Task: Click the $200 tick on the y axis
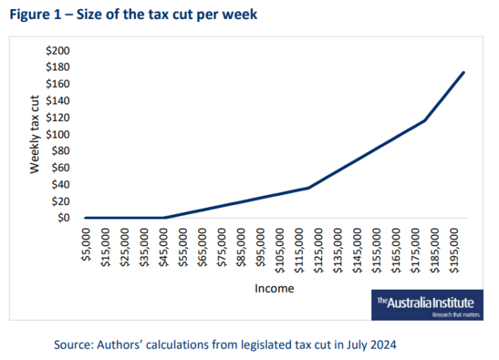click(x=58, y=51)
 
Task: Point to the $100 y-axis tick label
click(x=58, y=135)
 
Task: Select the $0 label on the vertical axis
click(x=63, y=218)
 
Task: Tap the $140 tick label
click(x=58, y=101)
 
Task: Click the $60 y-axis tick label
click(x=60, y=168)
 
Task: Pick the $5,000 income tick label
click(x=85, y=247)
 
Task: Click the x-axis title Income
click(x=274, y=288)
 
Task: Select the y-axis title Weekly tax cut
click(x=35, y=134)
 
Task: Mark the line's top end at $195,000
click(x=463, y=73)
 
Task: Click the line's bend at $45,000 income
click(x=163, y=218)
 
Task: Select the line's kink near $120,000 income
click(x=308, y=188)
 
